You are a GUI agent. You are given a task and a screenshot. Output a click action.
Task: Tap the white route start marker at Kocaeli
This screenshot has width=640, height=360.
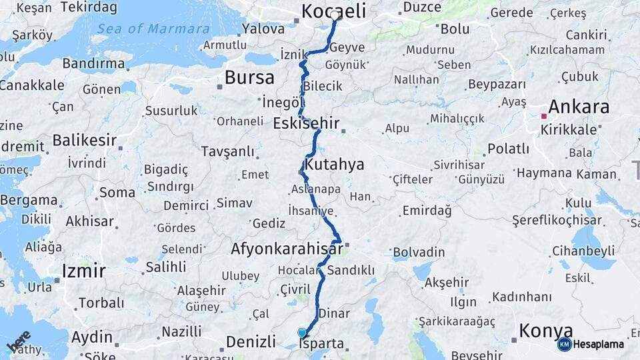[335, 15]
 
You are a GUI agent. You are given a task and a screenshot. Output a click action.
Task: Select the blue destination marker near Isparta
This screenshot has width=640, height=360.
[302, 333]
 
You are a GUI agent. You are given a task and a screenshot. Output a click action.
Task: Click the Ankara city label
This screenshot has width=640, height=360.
[578, 107]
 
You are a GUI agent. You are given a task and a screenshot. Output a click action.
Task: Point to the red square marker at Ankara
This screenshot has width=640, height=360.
[544, 116]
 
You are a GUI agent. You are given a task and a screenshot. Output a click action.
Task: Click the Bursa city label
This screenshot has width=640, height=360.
[249, 77]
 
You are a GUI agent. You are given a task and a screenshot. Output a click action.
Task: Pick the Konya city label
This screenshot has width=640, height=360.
[545, 331]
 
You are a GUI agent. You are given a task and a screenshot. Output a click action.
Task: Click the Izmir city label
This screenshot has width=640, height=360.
[83, 271]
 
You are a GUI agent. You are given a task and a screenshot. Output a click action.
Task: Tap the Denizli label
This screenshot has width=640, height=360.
[251, 342]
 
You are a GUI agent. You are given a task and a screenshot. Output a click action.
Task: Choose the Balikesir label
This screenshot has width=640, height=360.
[85, 141]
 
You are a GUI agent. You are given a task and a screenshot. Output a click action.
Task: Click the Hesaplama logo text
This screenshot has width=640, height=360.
[599, 345]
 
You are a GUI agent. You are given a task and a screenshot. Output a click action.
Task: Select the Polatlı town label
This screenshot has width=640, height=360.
[508, 149]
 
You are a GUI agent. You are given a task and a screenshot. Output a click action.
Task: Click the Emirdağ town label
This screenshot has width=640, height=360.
[427, 211]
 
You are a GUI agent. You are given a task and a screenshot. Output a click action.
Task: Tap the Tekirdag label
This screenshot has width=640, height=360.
[89, 7]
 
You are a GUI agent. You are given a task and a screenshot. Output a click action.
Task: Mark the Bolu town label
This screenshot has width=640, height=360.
[455, 29]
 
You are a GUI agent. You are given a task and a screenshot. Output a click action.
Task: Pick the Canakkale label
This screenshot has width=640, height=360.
[31, 85]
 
